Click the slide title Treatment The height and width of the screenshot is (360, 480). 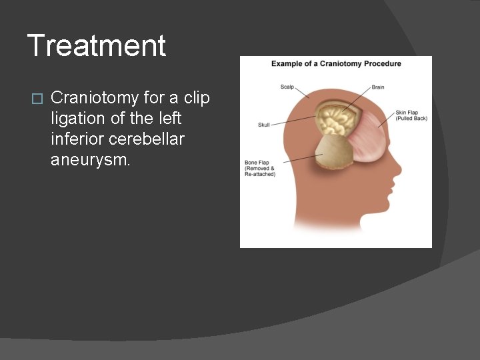pos(97,46)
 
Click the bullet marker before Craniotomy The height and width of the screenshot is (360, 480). pos(37,99)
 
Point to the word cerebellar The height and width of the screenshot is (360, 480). pos(151,139)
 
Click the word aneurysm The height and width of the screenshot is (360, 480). pos(89,160)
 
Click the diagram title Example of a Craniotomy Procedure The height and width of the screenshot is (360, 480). pos(336,64)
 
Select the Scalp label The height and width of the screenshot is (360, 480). pos(287,87)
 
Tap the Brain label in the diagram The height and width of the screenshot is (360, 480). pos(377,87)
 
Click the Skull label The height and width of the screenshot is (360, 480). pos(265,125)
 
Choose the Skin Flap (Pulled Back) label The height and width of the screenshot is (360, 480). pos(411,115)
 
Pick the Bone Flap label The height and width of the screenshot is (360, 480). pos(260,167)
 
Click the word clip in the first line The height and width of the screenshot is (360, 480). pos(197,98)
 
